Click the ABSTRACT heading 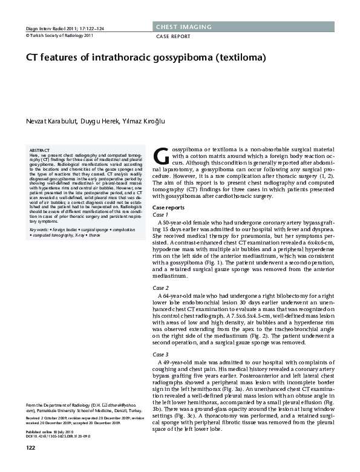[x=41, y=149]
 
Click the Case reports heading [x=169, y=208]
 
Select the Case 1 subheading [x=160, y=215]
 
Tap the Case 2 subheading [x=160, y=288]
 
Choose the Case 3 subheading [x=160, y=354]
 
